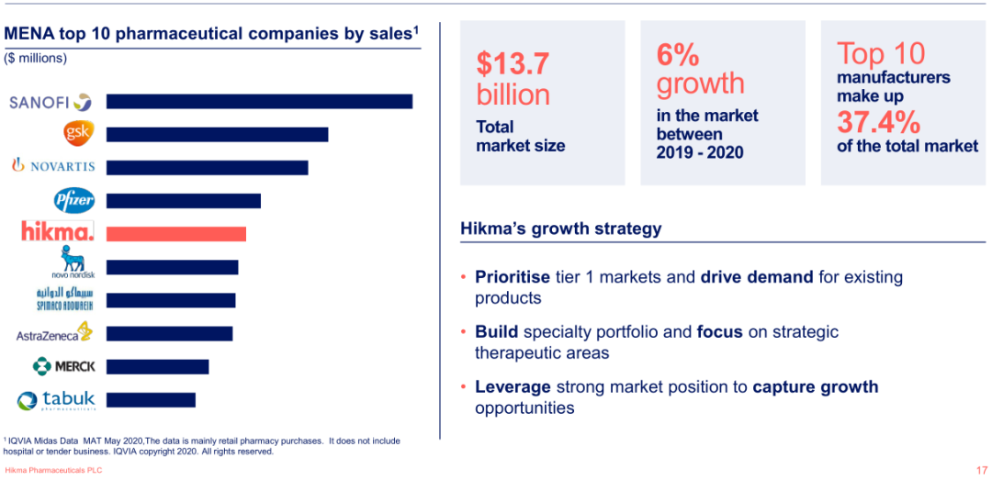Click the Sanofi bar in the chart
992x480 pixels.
[x=259, y=101]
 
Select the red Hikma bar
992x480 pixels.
[x=176, y=233]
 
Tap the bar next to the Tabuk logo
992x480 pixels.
[x=151, y=399]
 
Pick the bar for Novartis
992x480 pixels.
[x=207, y=167]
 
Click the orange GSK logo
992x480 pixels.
[x=77, y=133]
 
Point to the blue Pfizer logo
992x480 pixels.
[x=74, y=199]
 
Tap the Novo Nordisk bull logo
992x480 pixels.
[x=73, y=262]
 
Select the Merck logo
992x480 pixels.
[x=63, y=366]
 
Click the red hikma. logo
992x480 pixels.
[x=58, y=231]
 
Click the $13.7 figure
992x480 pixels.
[x=513, y=63]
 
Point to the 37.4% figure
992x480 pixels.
[x=878, y=121]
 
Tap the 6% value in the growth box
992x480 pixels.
[x=677, y=55]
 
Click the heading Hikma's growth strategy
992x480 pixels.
[x=560, y=229]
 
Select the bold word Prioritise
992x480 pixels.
[x=512, y=277]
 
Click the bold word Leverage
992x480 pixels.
[x=513, y=387]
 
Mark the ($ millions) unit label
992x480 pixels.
[x=36, y=58]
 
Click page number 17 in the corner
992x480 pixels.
[x=981, y=470]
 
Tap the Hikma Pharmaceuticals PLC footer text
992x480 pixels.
[x=53, y=470]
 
